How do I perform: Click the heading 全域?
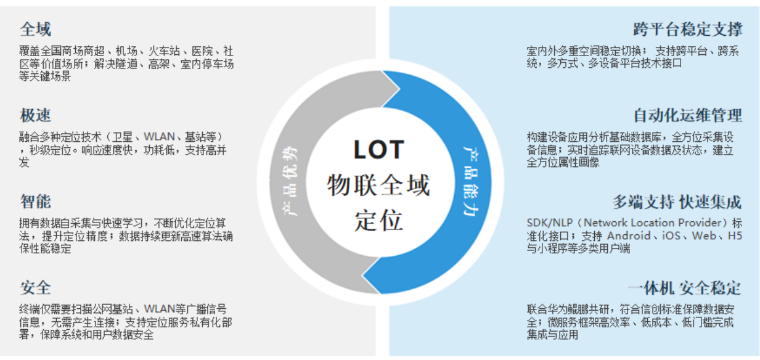[x=35, y=29]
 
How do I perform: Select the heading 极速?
[x=35, y=115]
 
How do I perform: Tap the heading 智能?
[x=35, y=202]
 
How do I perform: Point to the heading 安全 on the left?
[x=35, y=288]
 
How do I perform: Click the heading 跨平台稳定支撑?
[x=687, y=29]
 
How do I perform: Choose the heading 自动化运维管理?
[x=687, y=115]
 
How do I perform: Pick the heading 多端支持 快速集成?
[x=676, y=202]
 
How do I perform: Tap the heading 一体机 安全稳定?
[x=684, y=288]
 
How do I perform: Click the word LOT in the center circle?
[x=378, y=150]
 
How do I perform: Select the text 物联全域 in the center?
[x=378, y=185]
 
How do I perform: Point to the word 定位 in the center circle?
[x=378, y=220]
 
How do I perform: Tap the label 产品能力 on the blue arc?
[x=470, y=181]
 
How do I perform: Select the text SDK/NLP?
[x=551, y=223]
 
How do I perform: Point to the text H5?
[x=735, y=235]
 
